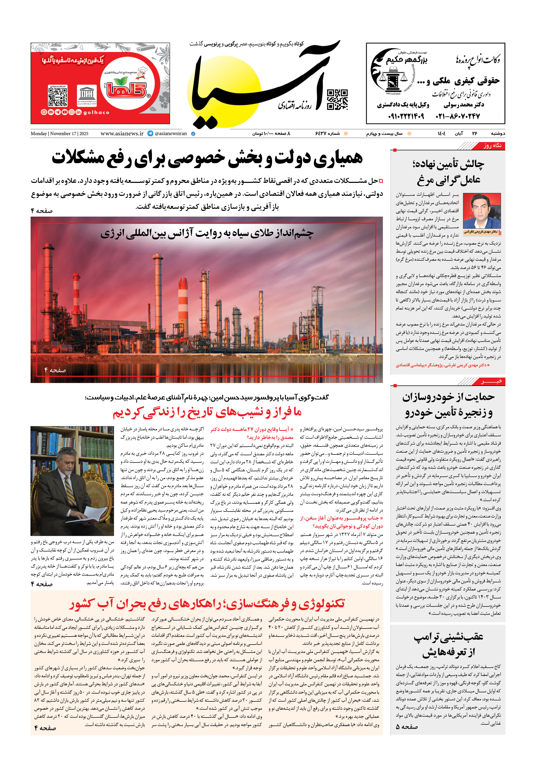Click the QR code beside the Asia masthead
click(337, 99)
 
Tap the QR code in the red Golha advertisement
click(58, 96)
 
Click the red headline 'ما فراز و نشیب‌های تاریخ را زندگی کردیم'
click(207, 413)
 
